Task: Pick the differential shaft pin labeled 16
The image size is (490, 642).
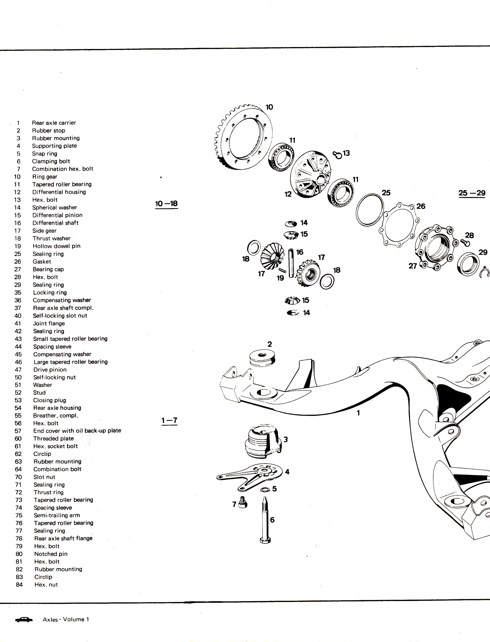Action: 291,263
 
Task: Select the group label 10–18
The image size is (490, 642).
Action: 166,204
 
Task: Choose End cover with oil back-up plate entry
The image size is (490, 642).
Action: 77,431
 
